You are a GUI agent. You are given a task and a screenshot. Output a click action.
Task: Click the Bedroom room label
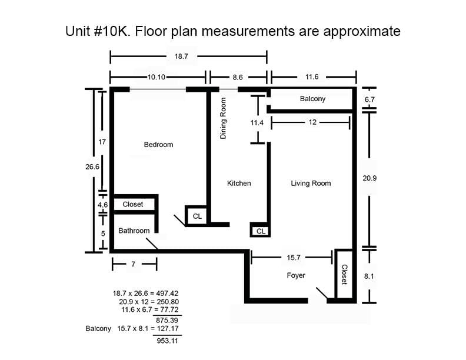[158, 144]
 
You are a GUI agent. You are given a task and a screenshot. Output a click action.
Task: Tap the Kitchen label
[239, 184]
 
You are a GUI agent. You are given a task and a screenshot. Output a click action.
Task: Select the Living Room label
[311, 184]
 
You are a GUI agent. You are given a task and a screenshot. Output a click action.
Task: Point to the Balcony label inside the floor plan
[312, 99]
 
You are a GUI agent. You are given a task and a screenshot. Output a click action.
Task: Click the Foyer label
[296, 275]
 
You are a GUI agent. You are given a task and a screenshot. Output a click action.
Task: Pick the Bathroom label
[134, 231]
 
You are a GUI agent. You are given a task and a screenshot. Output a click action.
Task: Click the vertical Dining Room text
[223, 119]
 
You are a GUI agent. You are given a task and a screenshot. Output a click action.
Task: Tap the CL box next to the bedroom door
[197, 216]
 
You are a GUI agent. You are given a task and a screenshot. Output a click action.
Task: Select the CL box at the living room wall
[261, 231]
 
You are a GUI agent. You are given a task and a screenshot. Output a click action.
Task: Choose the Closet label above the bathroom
[133, 204]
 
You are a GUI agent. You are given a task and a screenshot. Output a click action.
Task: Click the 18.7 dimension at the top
[181, 57]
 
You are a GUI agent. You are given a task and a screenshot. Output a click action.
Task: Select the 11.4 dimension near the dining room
[257, 122]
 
